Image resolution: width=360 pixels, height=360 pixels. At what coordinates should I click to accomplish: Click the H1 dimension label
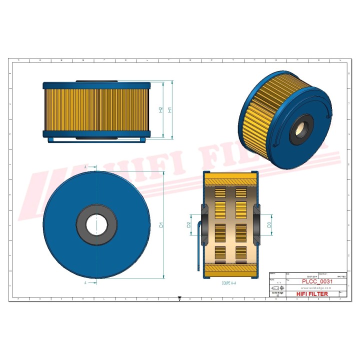170,109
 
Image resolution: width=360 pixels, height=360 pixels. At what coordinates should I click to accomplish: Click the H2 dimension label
161,109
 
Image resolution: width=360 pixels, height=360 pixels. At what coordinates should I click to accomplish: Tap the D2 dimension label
188,224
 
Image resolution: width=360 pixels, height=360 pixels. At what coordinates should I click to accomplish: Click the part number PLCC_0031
317,281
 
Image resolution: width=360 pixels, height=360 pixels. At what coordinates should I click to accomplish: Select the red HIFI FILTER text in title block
312,294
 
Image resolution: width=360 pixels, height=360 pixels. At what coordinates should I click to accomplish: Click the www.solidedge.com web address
317,288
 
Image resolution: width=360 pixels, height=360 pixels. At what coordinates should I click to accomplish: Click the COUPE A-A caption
229,283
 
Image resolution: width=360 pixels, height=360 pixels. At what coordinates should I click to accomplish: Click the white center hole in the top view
95,224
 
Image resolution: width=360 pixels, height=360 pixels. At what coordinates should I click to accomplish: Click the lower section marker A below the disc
86,282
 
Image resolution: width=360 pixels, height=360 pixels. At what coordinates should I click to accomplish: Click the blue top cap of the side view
96,85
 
